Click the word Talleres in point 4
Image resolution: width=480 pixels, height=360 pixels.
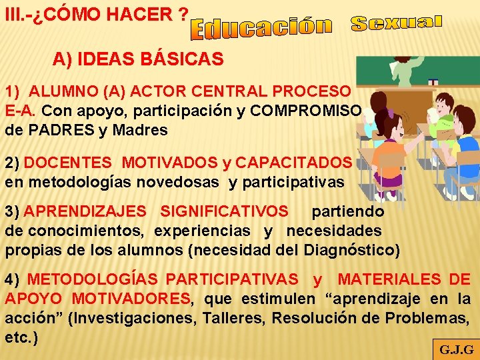tap(239, 318)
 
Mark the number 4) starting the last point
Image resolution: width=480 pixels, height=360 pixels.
tap(13, 279)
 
